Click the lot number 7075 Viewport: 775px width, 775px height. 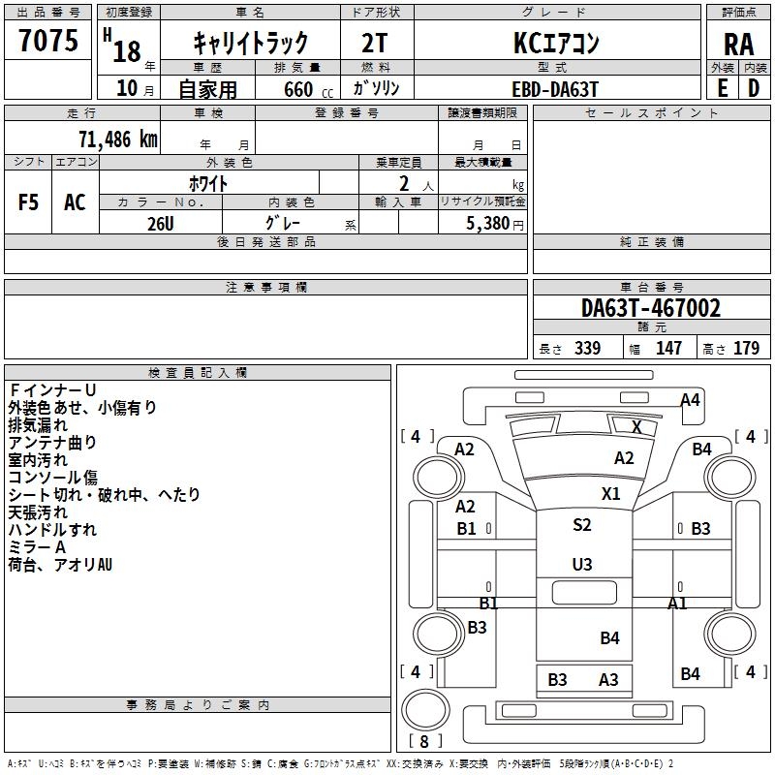point(48,41)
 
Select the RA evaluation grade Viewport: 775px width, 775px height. point(738,45)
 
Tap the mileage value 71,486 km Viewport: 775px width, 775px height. point(118,139)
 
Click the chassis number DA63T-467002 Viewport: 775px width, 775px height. point(651,308)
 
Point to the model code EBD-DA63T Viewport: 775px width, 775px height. point(555,89)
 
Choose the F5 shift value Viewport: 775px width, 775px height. point(28,202)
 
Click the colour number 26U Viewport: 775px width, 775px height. point(160,224)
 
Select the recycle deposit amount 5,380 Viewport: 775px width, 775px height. point(487,223)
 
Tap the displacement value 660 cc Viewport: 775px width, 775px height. point(308,89)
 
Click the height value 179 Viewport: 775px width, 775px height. point(746,348)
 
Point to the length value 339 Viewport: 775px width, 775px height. point(588,348)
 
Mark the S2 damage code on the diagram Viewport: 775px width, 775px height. point(582,524)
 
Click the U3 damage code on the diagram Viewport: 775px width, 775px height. point(582,564)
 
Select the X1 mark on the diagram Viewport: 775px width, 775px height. point(611,493)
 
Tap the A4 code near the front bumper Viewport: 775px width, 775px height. point(690,400)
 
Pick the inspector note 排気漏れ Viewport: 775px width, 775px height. point(38,424)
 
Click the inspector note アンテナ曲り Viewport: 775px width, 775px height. point(52,442)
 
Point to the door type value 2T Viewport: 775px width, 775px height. point(374,43)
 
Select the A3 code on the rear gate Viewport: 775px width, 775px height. point(608,680)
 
